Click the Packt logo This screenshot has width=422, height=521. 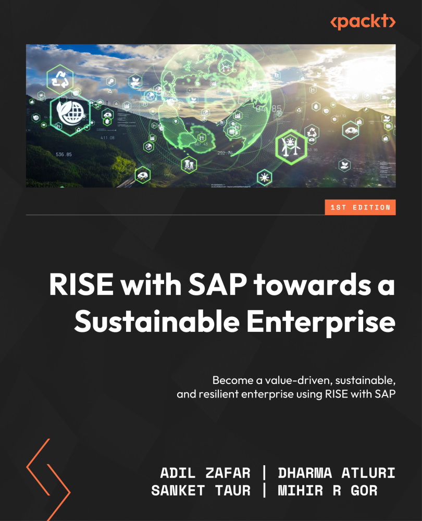pyautogui.click(x=363, y=22)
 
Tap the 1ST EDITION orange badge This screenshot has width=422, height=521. pyautogui.click(x=359, y=207)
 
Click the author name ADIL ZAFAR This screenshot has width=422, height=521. pyautogui.click(x=205, y=473)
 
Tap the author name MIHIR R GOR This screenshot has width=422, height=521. pyautogui.click(x=327, y=491)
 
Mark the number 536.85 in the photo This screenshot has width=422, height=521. pyautogui.click(x=64, y=154)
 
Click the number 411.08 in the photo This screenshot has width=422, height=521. pyautogui.click(x=107, y=138)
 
